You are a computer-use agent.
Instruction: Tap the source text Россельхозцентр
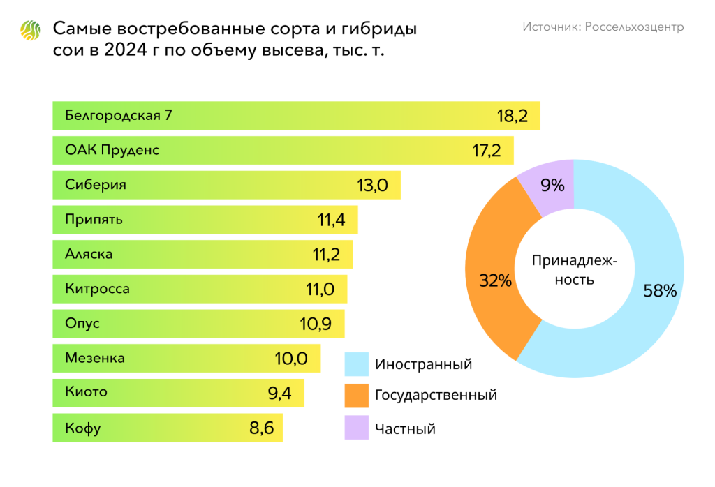[x=603, y=27]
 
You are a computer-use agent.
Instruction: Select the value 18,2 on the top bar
[x=513, y=116]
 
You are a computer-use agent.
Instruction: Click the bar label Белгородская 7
[x=118, y=115]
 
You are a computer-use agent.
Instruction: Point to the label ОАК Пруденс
[x=112, y=150]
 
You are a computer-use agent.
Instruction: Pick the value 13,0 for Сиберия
[x=372, y=186]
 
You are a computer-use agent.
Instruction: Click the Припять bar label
[x=94, y=220]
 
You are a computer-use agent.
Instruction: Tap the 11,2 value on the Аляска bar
[x=326, y=255]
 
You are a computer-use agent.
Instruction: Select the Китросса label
[x=97, y=289]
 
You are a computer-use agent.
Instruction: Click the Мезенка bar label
[x=95, y=358]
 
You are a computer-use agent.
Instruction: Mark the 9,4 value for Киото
[x=279, y=393]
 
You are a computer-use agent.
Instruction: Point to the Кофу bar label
[x=82, y=428]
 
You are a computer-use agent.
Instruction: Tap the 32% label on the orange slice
[x=495, y=281]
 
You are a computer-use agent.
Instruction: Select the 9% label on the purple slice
[x=552, y=185]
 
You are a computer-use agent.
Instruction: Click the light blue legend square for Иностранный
[x=356, y=364]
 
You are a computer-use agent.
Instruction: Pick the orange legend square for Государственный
[x=356, y=396]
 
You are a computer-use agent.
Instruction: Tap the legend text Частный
[x=405, y=428]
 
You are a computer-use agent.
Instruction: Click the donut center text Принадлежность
[x=574, y=270]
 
